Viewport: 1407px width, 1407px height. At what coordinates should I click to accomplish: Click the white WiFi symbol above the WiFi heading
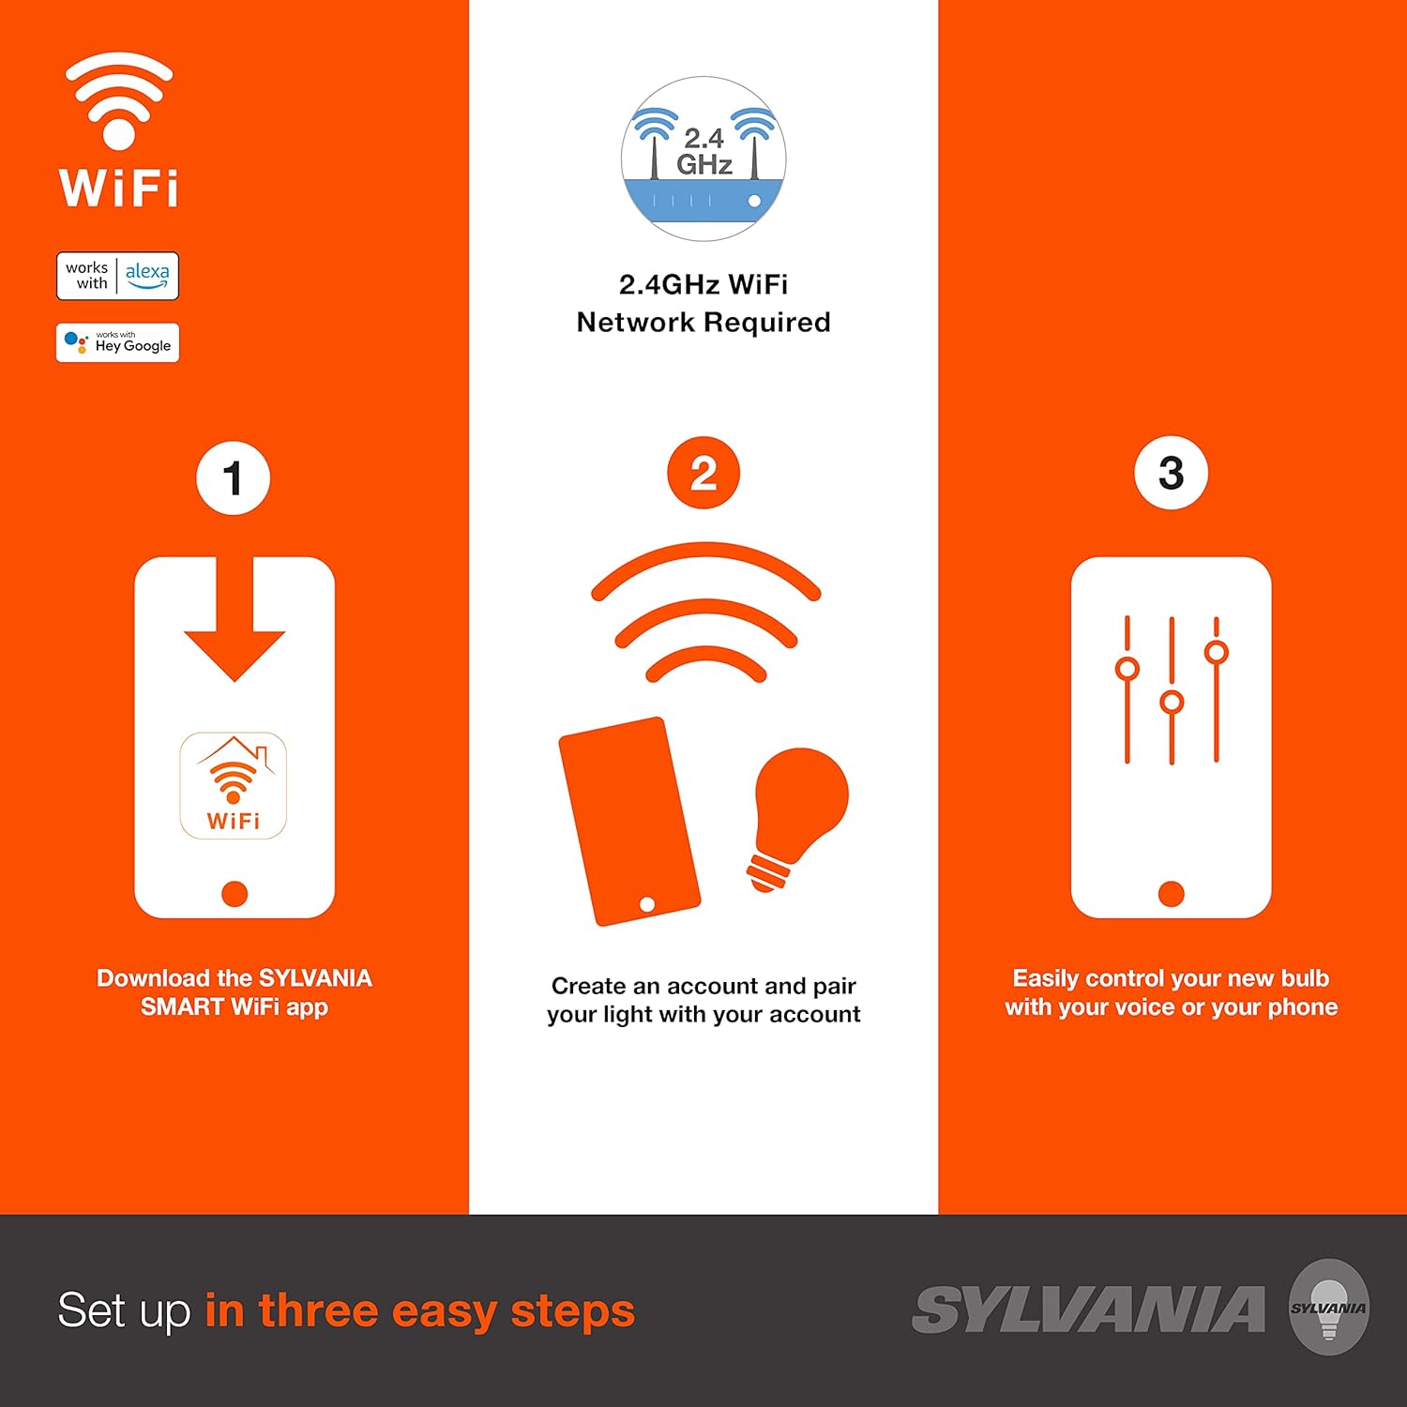coord(118,101)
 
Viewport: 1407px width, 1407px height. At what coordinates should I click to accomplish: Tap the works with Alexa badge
coord(117,276)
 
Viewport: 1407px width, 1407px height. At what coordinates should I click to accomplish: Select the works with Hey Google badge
coord(117,343)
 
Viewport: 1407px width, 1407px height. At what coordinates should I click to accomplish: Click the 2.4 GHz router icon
coord(703,159)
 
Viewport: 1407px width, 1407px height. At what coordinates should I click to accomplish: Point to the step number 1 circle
coord(233,478)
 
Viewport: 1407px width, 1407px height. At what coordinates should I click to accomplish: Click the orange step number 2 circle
coord(703,474)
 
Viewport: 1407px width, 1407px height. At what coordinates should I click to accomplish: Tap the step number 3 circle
coord(1171,474)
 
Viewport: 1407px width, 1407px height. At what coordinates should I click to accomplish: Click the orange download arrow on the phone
coord(234,624)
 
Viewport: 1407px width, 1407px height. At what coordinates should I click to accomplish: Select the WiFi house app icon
coord(233,785)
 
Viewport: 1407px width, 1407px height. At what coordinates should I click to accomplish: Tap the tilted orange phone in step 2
coord(628,822)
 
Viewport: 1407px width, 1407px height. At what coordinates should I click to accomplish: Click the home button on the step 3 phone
coord(1171,894)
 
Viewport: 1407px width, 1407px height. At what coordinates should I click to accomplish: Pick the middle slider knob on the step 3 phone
coord(1172,702)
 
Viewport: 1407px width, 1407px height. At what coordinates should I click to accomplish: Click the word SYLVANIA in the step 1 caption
coord(315,978)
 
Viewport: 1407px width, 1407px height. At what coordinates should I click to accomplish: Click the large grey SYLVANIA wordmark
coord(1088,1310)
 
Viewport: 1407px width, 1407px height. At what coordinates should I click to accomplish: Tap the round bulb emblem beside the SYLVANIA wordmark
coord(1328,1308)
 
